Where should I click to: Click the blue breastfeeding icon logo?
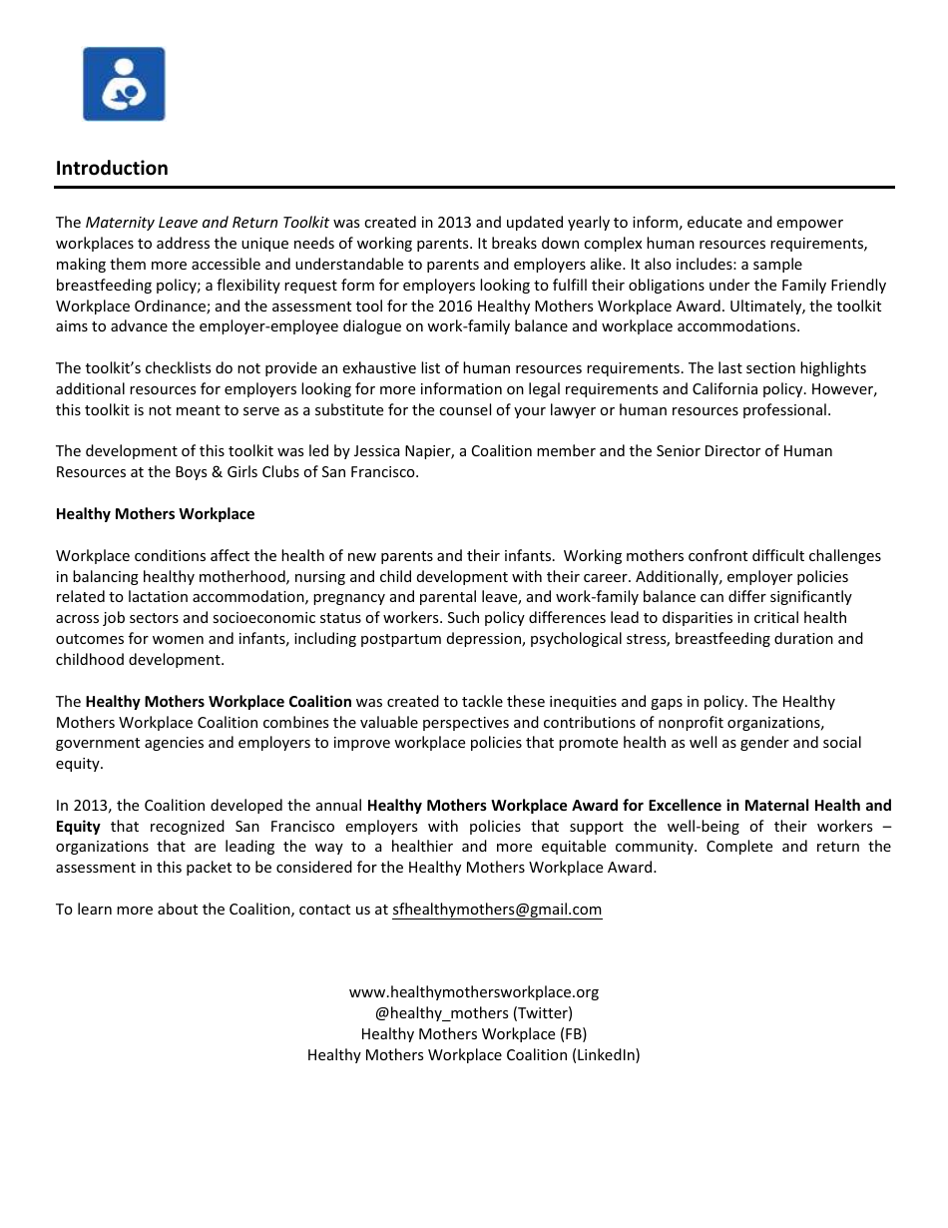tap(124, 84)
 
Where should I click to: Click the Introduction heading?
tap(112, 168)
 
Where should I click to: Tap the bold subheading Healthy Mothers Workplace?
tap(155, 514)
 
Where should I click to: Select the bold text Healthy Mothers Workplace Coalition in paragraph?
tap(219, 702)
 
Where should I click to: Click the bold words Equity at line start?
tap(78, 827)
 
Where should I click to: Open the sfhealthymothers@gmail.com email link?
tap(497, 910)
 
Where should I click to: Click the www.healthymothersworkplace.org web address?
tap(473, 992)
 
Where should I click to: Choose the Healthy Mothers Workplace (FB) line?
tap(473, 1034)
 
